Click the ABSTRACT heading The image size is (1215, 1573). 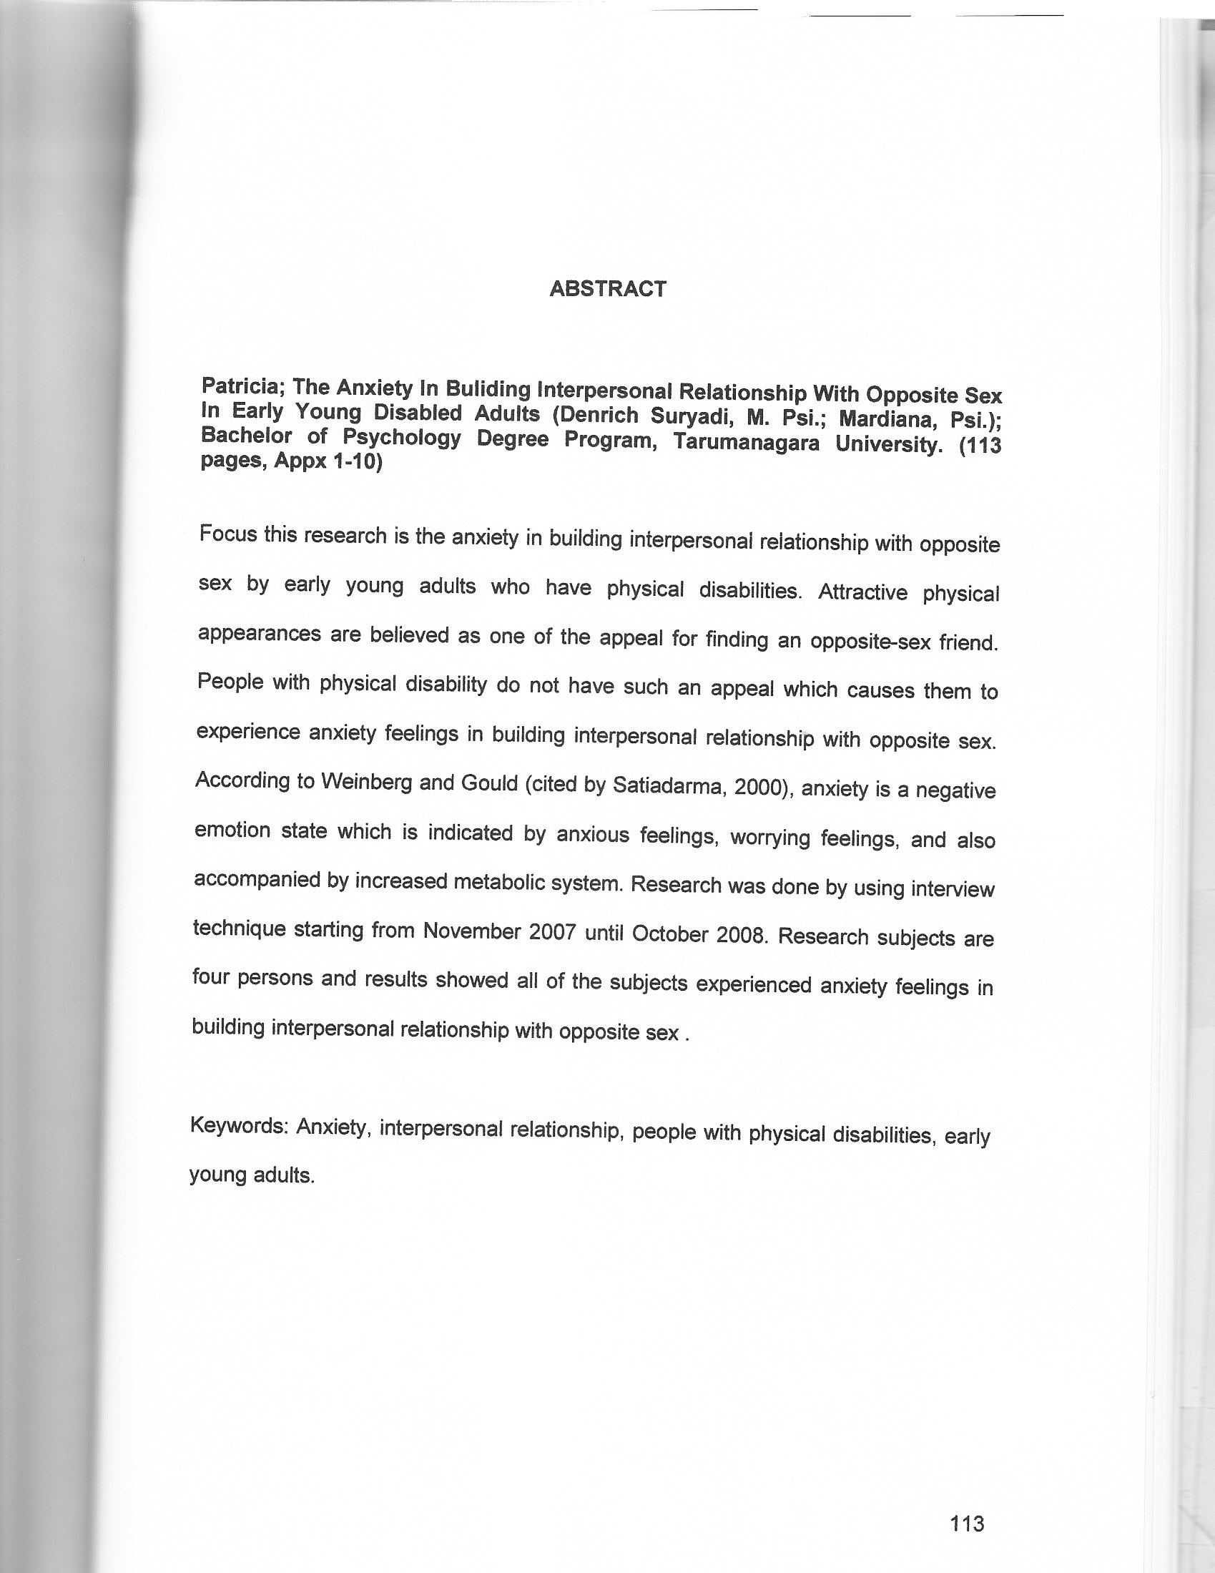(607, 289)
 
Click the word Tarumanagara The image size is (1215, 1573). (746, 442)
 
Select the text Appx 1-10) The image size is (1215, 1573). (327, 461)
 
